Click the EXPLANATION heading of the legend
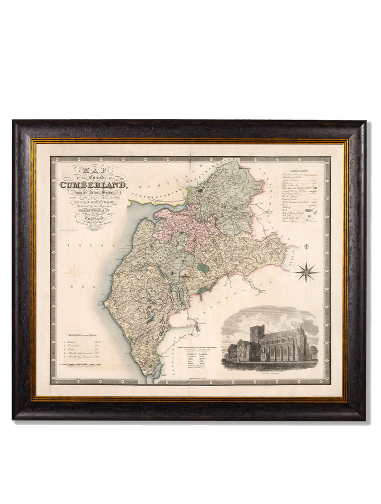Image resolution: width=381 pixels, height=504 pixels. coord(297,171)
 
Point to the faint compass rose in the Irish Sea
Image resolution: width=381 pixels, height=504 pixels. coord(75,273)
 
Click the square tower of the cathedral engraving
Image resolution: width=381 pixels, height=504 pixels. coord(258,335)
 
